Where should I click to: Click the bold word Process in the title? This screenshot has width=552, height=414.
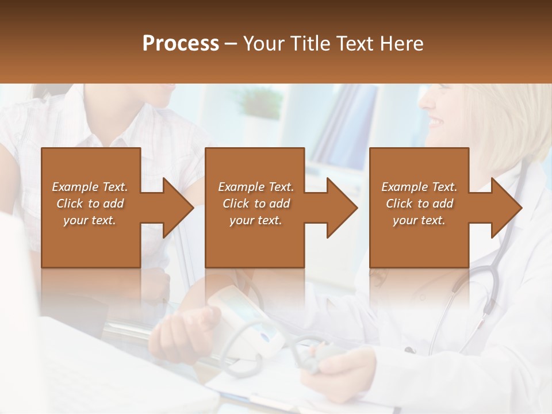tap(181, 44)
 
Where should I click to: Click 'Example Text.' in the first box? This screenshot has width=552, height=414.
tap(90, 187)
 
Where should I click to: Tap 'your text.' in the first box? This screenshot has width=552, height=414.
tap(90, 220)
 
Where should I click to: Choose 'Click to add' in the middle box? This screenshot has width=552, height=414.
tap(256, 204)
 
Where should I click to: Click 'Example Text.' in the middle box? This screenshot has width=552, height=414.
tap(256, 187)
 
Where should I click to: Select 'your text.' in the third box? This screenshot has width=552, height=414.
tap(419, 220)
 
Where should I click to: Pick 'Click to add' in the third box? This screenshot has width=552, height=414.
tap(419, 204)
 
